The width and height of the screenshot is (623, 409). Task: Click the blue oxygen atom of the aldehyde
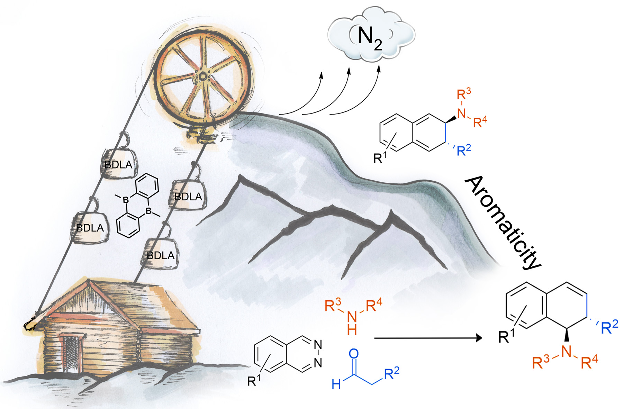(x=354, y=353)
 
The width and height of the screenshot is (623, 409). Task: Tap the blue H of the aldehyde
(x=336, y=384)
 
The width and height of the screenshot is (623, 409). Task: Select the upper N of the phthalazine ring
(x=318, y=345)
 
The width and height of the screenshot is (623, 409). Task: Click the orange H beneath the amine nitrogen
(x=352, y=330)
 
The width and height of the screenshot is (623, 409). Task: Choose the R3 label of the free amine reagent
(x=333, y=305)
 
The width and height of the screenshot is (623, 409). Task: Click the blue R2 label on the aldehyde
(x=391, y=373)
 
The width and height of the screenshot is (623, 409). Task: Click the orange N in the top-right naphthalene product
(x=461, y=113)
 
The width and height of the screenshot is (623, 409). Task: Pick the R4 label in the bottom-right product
(x=589, y=362)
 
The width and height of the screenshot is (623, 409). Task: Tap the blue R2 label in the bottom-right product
(x=610, y=327)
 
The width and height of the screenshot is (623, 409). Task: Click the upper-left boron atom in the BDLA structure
(x=126, y=200)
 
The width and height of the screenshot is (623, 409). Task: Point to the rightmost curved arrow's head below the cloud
(x=379, y=68)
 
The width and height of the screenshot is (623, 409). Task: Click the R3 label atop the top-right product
(x=463, y=93)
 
